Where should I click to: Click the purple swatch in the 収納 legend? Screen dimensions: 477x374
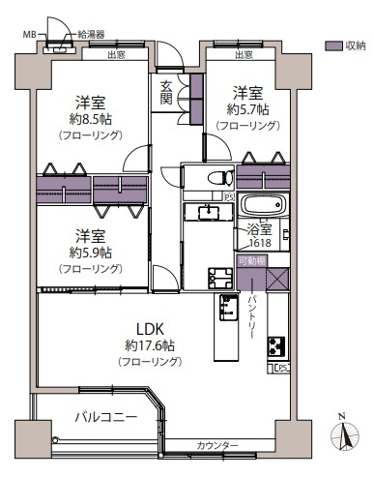point(332,45)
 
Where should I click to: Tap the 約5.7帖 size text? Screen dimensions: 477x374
point(247,110)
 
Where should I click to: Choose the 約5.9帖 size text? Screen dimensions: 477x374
point(90,253)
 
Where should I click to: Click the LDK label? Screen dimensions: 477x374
point(149,326)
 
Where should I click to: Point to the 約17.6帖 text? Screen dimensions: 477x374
point(149,343)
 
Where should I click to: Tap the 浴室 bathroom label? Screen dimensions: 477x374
point(258,232)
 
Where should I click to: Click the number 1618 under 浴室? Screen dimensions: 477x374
point(258,246)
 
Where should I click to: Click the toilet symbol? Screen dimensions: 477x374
point(217,177)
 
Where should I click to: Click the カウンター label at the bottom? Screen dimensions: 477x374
point(217,444)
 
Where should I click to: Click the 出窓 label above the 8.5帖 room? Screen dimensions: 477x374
point(116,54)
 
